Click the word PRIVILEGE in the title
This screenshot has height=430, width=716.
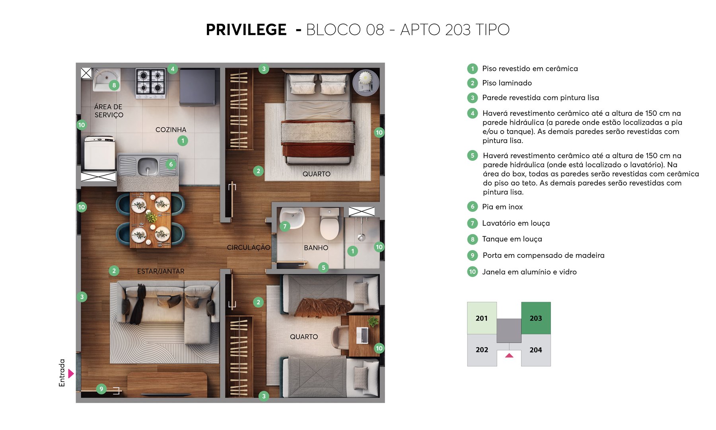point(246,30)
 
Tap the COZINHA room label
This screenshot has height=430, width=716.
point(171,130)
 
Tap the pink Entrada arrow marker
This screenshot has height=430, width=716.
point(71,373)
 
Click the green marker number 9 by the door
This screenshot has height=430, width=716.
point(101,389)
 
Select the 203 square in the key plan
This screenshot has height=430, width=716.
point(536,318)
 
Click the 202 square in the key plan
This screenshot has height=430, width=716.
point(482,350)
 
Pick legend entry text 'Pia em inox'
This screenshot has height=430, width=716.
point(502,207)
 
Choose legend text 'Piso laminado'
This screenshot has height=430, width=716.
point(507,83)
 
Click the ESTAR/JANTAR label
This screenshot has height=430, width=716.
point(161,271)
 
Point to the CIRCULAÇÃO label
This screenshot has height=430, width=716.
point(249,248)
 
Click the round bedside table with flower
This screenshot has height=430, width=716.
point(366,82)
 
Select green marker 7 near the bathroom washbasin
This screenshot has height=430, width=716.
point(285,227)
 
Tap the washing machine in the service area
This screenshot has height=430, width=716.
point(99,153)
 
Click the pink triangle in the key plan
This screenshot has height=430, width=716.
point(509,355)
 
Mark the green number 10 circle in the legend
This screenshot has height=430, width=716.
point(472,272)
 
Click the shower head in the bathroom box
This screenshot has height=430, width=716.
point(361,237)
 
